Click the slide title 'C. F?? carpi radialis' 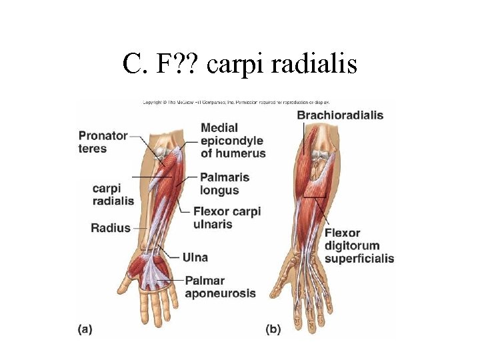(240, 64)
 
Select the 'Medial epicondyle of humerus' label (233, 140)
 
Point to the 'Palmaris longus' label (224, 183)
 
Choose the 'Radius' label (111, 228)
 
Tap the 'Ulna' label (195, 257)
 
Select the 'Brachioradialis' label (340, 115)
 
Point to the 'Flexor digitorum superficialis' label (359, 245)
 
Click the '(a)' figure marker (85, 328)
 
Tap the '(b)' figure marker (273, 329)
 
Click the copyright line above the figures (240, 103)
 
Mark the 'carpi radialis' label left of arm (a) (113, 194)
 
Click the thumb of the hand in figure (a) (125, 285)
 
